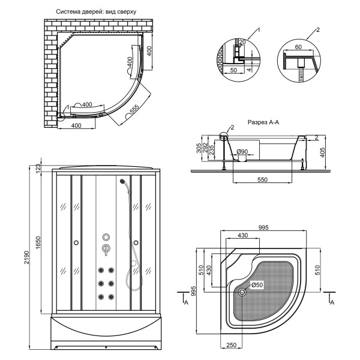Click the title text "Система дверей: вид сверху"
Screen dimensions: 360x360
pyautogui.click(x=96, y=12)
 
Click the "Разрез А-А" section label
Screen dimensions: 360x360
pyautogui.click(x=263, y=122)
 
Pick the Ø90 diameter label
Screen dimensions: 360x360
pyautogui.click(x=242, y=151)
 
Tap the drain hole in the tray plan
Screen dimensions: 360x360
pyautogui.click(x=242, y=292)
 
